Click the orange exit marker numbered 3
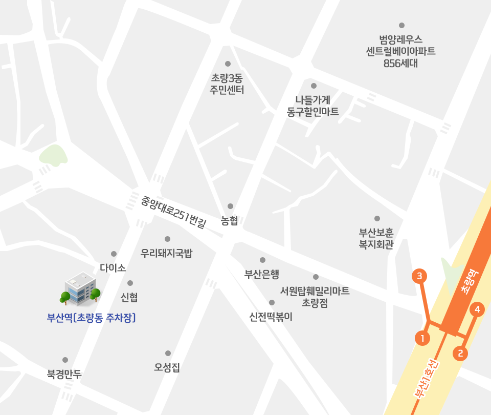tap(419, 276)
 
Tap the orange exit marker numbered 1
tap(422, 338)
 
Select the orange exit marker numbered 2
tap(460, 353)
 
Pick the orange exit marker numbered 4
tap(477, 309)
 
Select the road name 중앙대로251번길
tap(173, 211)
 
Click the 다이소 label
tap(113, 268)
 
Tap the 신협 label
tap(129, 297)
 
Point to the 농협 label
tap(230, 221)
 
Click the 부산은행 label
tap(261, 274)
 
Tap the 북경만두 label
tap(64, 374)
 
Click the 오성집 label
tap(167, 367)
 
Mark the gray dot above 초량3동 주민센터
tap(228, 64)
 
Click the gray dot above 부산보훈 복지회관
tap(377, 219)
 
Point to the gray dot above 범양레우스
tap(401, 25)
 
